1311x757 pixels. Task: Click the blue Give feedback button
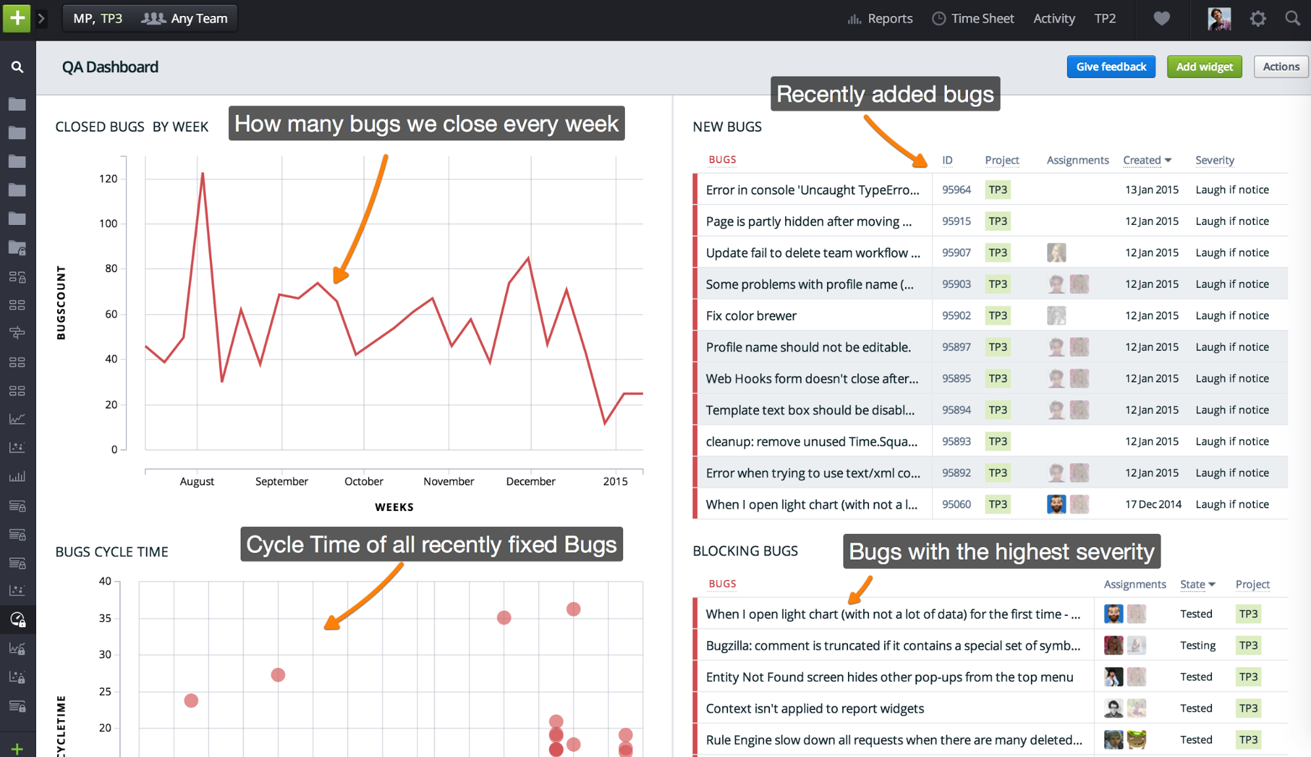[1110, 67]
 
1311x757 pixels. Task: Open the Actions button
[1280, 67]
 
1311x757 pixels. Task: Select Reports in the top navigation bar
[880, 19]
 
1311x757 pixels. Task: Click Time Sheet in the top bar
[973, 19]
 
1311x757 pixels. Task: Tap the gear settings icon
[1257, 19]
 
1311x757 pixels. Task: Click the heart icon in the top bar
[1161, 19]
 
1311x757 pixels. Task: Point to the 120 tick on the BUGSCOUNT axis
[108, 178]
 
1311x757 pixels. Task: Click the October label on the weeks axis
[364, 481]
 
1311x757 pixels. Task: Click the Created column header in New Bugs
[1142, 160]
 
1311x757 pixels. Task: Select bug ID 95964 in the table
[956, 190]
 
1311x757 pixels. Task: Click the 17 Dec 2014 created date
[1153, 504]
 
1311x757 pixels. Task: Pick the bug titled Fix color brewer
[751, 316]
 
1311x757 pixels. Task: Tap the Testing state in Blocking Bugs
[1198, 645]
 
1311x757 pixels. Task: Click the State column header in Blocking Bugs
[1193, 584]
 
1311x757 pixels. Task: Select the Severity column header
[1214, 160]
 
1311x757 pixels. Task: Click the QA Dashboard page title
[110, 67]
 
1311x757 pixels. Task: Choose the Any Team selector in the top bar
[186, 19]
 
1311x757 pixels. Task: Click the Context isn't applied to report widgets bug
[815, 708]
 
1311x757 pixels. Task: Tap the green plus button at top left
[17, 18]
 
